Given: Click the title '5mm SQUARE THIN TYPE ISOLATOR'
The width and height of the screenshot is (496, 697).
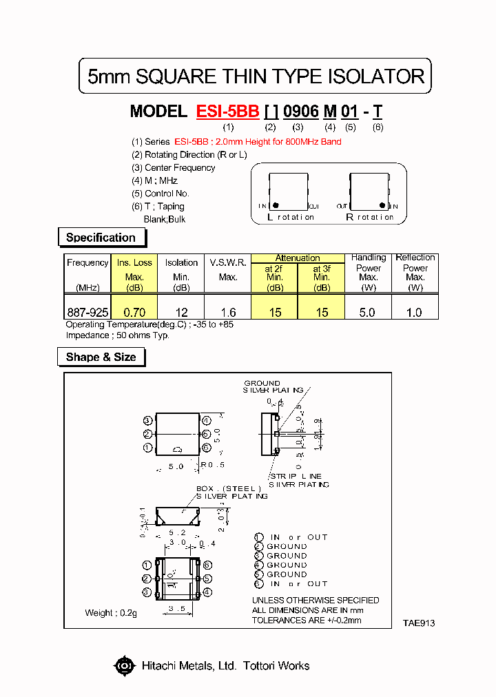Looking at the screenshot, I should [x=256, y=76].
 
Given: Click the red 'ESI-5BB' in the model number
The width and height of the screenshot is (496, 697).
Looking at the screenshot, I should [x=227, y=112].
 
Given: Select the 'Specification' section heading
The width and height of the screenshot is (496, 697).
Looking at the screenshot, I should [x=101, y=238].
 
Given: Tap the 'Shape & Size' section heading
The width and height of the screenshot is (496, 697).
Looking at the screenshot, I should [x=101, y=357].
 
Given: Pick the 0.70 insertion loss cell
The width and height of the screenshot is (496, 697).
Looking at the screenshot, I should [x=134, y=312].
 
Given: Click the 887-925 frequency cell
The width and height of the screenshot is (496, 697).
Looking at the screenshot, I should [x=87, y=312].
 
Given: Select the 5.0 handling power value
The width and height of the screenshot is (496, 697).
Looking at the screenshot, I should [x=368, y=312].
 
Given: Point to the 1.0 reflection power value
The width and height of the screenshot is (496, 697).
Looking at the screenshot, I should [x=415, y=312].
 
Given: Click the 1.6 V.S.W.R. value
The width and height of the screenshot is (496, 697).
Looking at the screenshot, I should [x=228, y=312].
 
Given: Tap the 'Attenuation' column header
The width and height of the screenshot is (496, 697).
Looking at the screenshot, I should [x=298, y=258].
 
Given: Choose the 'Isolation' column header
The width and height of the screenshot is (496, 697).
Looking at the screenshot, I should [x=181, y=262].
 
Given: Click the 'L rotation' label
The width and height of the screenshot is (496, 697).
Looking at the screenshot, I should [x=290, y=217].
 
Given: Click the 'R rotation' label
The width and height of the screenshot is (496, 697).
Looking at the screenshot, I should [x=369, y=217].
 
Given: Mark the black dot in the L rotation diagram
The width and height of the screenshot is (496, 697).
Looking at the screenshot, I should [x=276, y=205].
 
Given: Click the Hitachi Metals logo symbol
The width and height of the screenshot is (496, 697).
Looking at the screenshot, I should [x=125, y=665].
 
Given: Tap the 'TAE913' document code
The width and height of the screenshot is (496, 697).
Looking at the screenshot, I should [x=419, y=623].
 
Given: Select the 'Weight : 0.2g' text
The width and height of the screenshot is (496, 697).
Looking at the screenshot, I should [x=111, y=613].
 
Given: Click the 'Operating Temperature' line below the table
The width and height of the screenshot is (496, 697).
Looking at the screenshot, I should [x=149, y=324].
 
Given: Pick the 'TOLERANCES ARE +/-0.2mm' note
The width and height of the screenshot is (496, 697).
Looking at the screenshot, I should [x=307, y=620].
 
